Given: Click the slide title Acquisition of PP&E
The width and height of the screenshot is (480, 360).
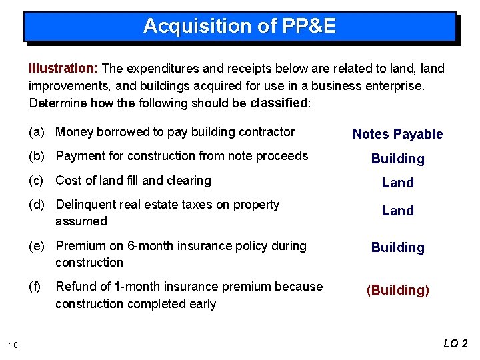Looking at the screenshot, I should point(239,26).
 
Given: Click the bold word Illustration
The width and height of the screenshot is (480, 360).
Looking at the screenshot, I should point(63,69).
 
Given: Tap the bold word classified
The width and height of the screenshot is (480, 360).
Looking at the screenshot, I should point(279,103).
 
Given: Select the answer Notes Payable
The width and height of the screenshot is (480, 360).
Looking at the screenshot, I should point(397,134).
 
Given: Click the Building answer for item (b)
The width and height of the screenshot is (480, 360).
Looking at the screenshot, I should point(397,159).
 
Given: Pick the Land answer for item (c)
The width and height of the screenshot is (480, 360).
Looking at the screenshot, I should point(397,183).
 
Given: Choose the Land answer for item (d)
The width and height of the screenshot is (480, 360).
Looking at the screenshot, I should point(397,211).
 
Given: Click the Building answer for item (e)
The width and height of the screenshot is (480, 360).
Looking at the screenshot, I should point(397,247).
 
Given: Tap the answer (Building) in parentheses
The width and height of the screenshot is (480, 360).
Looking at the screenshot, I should point(397,290).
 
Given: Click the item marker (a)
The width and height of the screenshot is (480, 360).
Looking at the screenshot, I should point(37,132).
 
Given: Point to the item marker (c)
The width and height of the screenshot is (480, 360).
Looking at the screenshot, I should point(37,181).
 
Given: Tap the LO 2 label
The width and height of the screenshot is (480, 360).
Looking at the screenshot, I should point(456,343).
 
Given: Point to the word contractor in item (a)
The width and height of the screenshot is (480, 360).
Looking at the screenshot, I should point(268,132).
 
